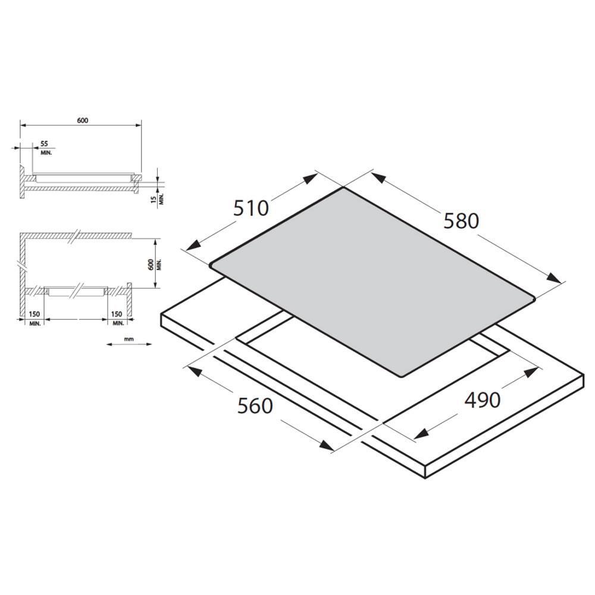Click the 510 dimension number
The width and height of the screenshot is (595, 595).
(251, 208)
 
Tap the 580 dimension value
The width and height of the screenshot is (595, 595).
(461, 221)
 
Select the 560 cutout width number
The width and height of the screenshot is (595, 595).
(255, 406)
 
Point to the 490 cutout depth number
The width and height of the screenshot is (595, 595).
(483, 400)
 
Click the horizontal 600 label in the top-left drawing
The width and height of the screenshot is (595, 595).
(82, 121)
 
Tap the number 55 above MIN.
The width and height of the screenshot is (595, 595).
(45, 144)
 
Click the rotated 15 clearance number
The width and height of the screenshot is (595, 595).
(154, 199)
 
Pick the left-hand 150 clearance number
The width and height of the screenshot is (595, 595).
(34, 314)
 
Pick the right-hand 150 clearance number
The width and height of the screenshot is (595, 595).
(117, 314)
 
